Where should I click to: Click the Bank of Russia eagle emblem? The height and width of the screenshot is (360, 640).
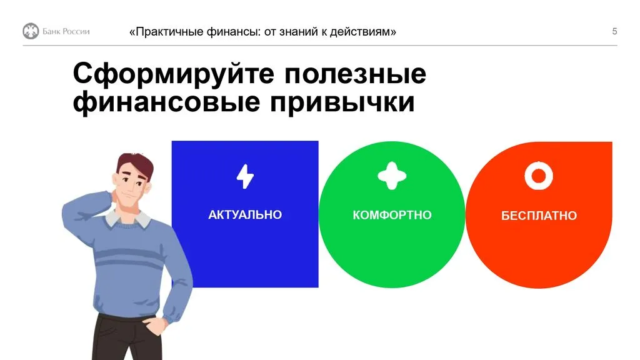(x=31, y=31)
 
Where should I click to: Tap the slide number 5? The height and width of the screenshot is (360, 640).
(x=614, y=31)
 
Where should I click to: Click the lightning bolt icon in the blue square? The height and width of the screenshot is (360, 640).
(x=245, y=177)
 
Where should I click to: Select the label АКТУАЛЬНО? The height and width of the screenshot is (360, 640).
(x=245, y=215)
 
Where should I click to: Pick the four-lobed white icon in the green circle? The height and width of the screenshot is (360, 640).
(x=392, y=176)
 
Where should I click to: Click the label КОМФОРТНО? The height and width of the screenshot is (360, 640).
(x=392, y=215)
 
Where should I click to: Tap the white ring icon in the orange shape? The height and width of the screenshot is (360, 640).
(x=539, y=176)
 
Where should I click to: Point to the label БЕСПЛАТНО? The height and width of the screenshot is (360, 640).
(x=539, y=216)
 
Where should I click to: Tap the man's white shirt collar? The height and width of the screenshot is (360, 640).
(x=142, y=219)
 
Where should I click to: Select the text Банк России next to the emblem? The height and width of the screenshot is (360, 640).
(x=66, y=32)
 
